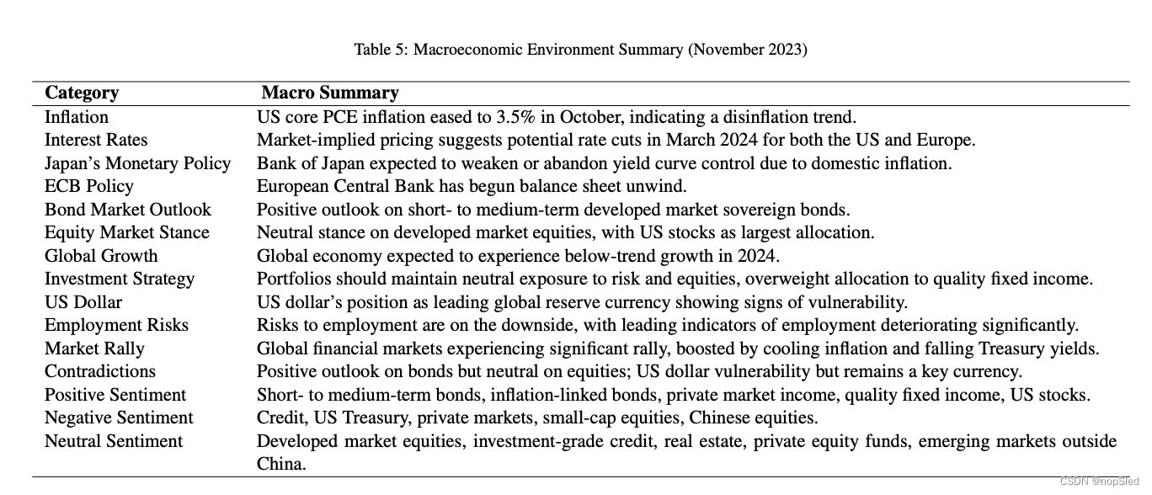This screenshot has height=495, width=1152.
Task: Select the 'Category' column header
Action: click(82, 93)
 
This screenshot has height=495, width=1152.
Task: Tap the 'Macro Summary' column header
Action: click(329, 93)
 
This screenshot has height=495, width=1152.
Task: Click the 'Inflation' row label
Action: click(77, 117)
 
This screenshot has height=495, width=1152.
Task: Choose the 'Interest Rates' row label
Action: click(96, 140)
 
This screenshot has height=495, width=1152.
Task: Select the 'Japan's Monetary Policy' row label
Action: click(137, 163)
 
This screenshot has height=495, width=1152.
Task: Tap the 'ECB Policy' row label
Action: click(89, 186)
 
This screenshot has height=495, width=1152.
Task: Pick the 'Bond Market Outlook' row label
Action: click(128, 210)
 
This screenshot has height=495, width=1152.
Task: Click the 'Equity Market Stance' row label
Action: click(127, 232)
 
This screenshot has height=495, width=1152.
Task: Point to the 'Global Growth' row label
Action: click(101, 256)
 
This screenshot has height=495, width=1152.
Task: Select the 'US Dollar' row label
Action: click(83, 302)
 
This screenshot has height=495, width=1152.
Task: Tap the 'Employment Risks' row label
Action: click(116, 325)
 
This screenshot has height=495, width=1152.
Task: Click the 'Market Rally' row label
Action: click(94, 349)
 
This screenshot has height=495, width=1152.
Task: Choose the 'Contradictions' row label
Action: click(100, 371)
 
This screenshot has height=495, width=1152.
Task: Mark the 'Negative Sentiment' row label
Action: click(119, 418)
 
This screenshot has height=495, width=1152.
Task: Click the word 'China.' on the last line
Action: click(281, 464)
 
